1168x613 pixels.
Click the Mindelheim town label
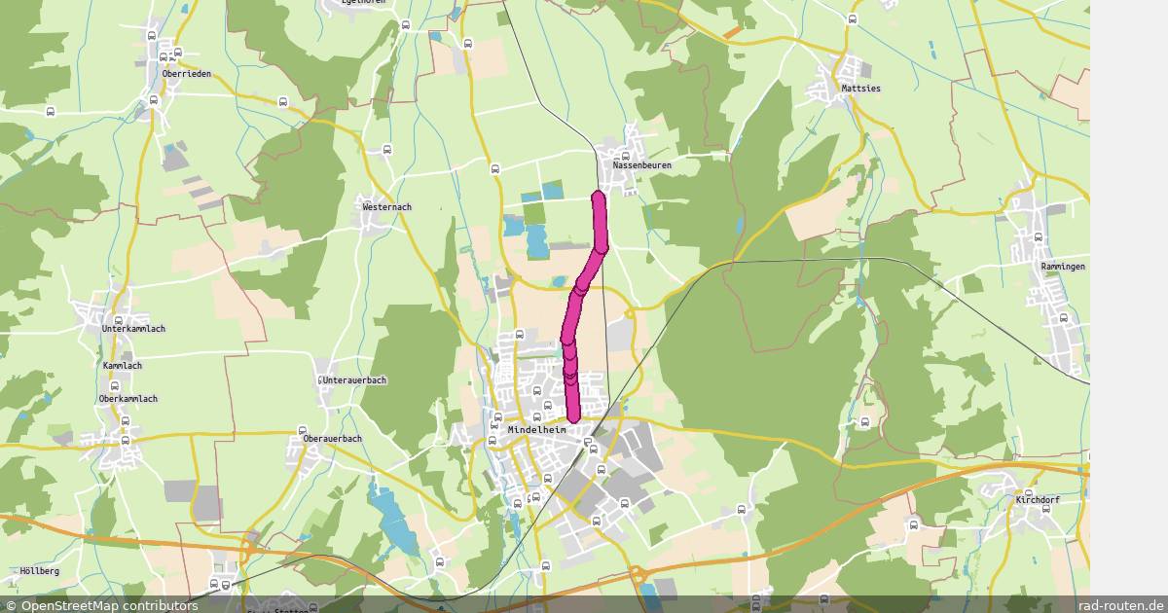coord(536,429)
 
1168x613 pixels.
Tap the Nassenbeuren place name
coord(641,165)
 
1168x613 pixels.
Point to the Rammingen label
coord(1062,267)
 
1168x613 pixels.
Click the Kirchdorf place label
coord(1037,499)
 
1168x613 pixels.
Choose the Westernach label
coord(386,207)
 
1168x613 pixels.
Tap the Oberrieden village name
coord(186,74)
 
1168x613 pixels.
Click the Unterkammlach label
coord(133,329)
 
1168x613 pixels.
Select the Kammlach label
coord(123,366)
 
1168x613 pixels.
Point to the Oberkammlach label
coord(128,399)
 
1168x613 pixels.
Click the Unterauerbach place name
coord(354,379)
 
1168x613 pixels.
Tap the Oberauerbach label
coord(333,439)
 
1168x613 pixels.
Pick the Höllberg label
coord(39,571)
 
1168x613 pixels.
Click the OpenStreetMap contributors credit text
coord(101,605)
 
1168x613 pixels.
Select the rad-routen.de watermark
coord(1120,605)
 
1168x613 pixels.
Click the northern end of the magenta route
coord(598,198)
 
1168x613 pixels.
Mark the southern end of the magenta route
coord(573,417)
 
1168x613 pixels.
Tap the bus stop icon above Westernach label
coord(387,149)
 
